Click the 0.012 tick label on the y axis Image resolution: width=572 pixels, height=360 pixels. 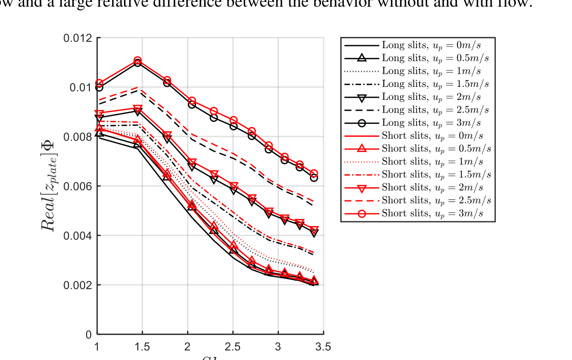tap(77, 38)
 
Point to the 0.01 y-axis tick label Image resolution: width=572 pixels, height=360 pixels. tap(80, 87)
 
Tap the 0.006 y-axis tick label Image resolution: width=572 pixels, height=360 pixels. tap(77, 186)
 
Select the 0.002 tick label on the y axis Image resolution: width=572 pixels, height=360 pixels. tap(77, 285)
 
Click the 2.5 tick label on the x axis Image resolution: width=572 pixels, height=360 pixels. tap(233, 347)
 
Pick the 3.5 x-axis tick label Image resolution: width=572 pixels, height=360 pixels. tap(323, 347)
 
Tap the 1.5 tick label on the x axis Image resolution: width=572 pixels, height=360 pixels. tap(142, 347)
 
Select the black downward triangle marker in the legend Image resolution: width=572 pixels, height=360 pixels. tap(362, 97)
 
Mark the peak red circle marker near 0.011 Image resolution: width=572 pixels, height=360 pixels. tap(137, 61)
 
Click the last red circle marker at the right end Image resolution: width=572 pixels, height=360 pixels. tap(314, 174)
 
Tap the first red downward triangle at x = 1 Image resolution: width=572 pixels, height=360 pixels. tap(99, 114)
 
